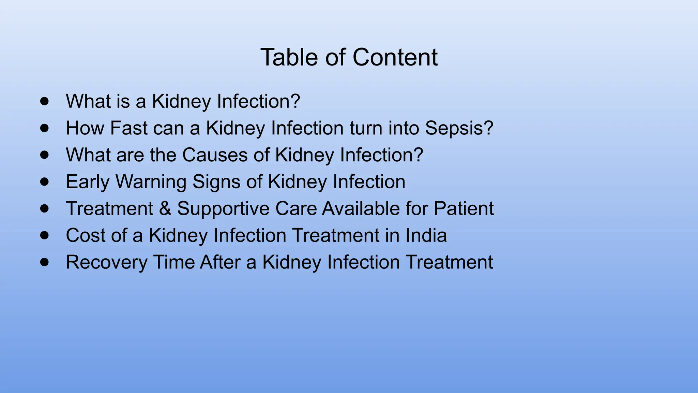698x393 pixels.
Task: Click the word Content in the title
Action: click(x=395, y=57)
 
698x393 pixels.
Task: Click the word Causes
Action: click(x=215, y=155)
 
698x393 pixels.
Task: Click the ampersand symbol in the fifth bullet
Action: click(x=165, y=208)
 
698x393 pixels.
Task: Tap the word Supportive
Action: click(x=223, y=208)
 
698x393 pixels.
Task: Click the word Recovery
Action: click(x=106, y=262)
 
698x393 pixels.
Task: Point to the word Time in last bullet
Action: click(x=173, y=262)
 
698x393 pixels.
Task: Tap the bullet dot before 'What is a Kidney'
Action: click(x=44, y=101)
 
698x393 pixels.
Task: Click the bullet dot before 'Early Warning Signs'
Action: click(x=44, y=181)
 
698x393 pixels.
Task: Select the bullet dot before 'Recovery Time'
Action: click(x=44, y=262)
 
